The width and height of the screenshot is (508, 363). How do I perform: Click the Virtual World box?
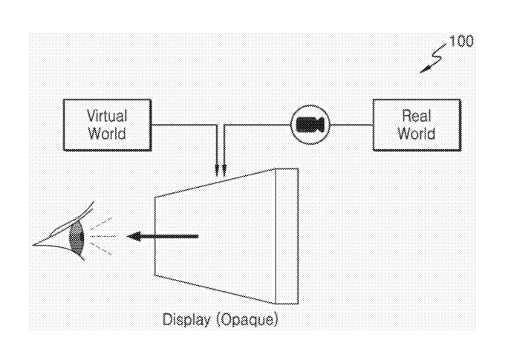point(107,125)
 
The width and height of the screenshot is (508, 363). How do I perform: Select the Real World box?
point(417,125)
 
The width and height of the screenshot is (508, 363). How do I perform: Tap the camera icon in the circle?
point(310,125)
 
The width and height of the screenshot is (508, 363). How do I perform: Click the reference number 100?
point(461,41)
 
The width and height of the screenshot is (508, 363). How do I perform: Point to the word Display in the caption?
point(186,320)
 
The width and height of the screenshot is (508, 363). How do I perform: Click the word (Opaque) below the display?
point(247,320)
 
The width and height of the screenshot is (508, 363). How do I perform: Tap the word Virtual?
point(107,116)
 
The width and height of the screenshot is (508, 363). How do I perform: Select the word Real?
point(417,116)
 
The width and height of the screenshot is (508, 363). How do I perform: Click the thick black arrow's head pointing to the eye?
point(134,236)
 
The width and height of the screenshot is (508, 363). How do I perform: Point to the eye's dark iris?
point(76,238)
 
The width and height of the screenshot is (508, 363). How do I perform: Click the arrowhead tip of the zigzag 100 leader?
point(420,73)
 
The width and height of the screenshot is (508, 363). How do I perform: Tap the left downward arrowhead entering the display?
point(217,171)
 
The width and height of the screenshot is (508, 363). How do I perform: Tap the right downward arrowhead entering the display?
point(224,171)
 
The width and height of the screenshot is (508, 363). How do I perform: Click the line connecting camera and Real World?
point(351,125)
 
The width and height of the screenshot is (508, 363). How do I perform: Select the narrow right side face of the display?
point(287,236)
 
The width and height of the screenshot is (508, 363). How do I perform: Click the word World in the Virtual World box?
point(107,134)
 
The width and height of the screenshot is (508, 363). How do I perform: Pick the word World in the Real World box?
point(417,134)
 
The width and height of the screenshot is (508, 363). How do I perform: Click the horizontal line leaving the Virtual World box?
point(184,125)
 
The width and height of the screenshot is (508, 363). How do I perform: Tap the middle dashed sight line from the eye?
point(102,236)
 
